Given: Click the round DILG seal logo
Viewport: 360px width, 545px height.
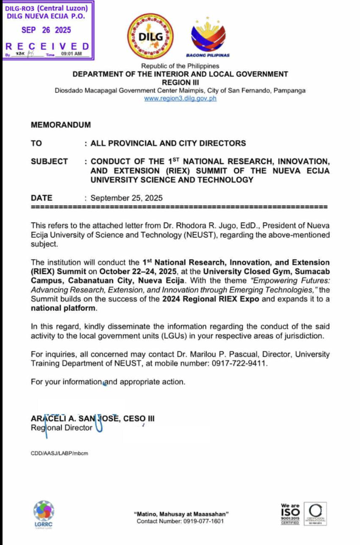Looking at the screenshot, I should pos(150,37).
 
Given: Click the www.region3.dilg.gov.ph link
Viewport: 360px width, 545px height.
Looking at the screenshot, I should pos(180,98).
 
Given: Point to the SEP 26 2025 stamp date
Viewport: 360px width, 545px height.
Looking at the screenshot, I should pos(46,30).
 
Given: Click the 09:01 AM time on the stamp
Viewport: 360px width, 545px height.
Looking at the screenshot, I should pos(71,54).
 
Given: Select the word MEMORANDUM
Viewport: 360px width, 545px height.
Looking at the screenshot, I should pos(61,125).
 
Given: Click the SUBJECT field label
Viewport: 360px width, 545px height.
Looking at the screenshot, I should pos(49,161).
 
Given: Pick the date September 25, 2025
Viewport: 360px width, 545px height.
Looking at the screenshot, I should pos(126,198).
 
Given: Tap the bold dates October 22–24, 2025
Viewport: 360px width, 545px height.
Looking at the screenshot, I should pos(138,271).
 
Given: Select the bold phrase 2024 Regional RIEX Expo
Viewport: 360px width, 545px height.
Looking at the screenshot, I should pos(210,299).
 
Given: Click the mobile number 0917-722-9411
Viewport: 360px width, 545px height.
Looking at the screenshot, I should pos(239,363).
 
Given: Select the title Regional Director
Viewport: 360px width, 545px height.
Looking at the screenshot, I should pos(62,428).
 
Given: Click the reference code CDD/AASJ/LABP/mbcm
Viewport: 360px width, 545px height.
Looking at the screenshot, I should pos(59,453).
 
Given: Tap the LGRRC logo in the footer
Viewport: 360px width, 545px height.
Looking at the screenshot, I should pos(43,514).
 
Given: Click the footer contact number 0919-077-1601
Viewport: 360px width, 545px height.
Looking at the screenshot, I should pos(203,521).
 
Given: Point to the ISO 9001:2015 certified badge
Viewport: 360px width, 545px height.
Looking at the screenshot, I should pos(290,514).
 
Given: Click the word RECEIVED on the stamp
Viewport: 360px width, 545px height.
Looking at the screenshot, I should pos(47,46).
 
